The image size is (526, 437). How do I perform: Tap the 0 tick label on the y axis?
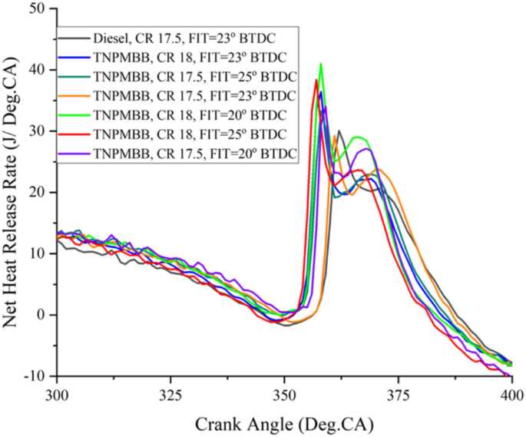click(x=41, y=315)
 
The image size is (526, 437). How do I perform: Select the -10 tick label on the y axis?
click(x=32, y=376)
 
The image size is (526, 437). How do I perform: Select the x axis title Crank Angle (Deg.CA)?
click(x=284, y=422)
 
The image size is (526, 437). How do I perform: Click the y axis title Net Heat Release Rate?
click(x=13, y=192)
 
